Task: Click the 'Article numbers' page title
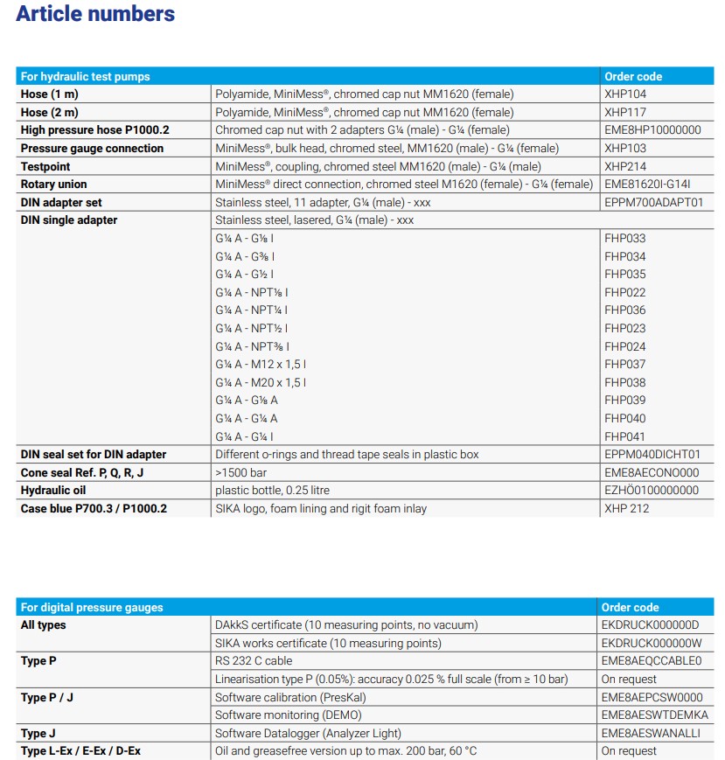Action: pos(95,14)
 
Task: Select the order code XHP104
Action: pos(625,94)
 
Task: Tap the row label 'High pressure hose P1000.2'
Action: pos(95,130)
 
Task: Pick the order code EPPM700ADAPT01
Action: pos(653,202)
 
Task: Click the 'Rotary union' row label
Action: pos(54,185)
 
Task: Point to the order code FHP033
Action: pos(625,238)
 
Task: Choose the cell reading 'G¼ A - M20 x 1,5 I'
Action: pos(261,382)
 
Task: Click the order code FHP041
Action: pos(625,436)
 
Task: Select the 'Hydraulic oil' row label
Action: pos(53,491)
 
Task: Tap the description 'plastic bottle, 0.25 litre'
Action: pos(273,491)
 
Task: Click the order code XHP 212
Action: pos(627,509)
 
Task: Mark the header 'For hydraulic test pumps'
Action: pos(86,76)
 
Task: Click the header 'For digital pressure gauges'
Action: pos(92,607)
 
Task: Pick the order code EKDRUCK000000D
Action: pos(650,625)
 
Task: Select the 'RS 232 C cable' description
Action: pos(254,661)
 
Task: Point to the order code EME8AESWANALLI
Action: pos(651,734)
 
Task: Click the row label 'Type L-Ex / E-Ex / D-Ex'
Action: pos(80,751)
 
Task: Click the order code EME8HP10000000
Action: pos(652,130)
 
